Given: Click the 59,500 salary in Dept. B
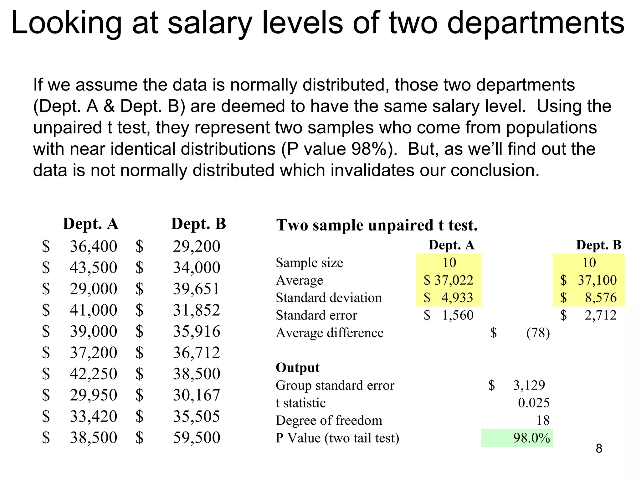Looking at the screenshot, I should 197,437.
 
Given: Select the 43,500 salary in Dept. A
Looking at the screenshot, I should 93,267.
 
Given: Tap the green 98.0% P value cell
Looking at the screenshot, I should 531,438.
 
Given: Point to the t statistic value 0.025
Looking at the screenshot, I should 533,403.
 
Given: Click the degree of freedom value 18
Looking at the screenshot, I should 543,420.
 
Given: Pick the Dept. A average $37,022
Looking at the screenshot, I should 449,280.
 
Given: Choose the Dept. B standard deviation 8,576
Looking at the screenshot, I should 601,297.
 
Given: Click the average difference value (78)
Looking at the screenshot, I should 538,333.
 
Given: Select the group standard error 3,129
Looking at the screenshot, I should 529,385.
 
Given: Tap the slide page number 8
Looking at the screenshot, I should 599,448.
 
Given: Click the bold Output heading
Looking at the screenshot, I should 297,368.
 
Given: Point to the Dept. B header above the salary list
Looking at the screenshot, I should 198,224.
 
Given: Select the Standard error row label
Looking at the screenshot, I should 316,315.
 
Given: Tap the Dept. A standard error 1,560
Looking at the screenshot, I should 457,315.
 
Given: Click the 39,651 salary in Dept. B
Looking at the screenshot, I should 196,289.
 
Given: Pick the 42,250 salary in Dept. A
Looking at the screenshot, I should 93,374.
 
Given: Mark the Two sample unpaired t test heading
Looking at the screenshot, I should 377,225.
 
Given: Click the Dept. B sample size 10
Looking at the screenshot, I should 589,262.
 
